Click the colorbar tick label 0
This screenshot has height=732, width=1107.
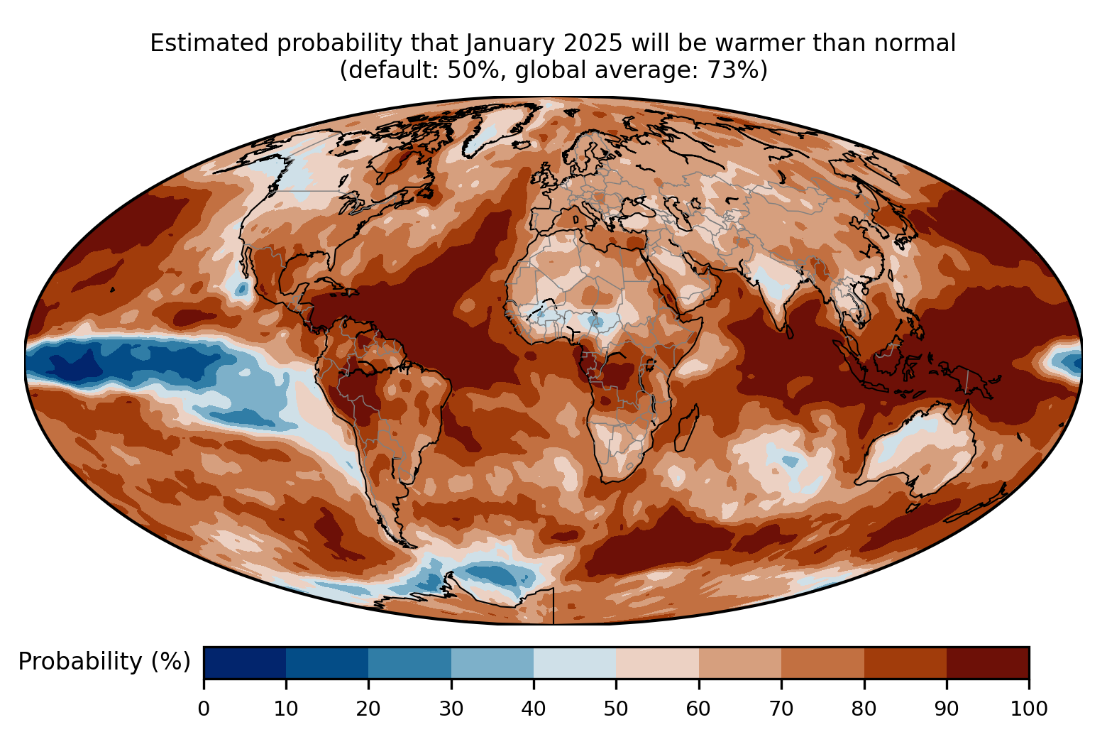(204, 709)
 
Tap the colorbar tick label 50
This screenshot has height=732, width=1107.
(616, 709)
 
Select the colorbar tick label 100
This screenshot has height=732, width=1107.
(1029, 709)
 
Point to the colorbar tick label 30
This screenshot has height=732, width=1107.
(451, 709)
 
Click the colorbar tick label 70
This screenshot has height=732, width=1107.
(781, 709)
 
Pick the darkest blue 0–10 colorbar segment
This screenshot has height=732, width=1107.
(245, 662)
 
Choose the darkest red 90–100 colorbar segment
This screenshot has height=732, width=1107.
(988, 662)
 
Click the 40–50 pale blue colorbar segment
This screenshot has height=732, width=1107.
(575, 662)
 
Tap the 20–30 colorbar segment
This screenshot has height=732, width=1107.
(409, 662)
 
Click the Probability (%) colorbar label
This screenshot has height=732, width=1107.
(104, 662)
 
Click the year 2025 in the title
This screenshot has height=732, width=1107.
(593, 43)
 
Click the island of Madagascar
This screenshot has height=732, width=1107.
(687, 428)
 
